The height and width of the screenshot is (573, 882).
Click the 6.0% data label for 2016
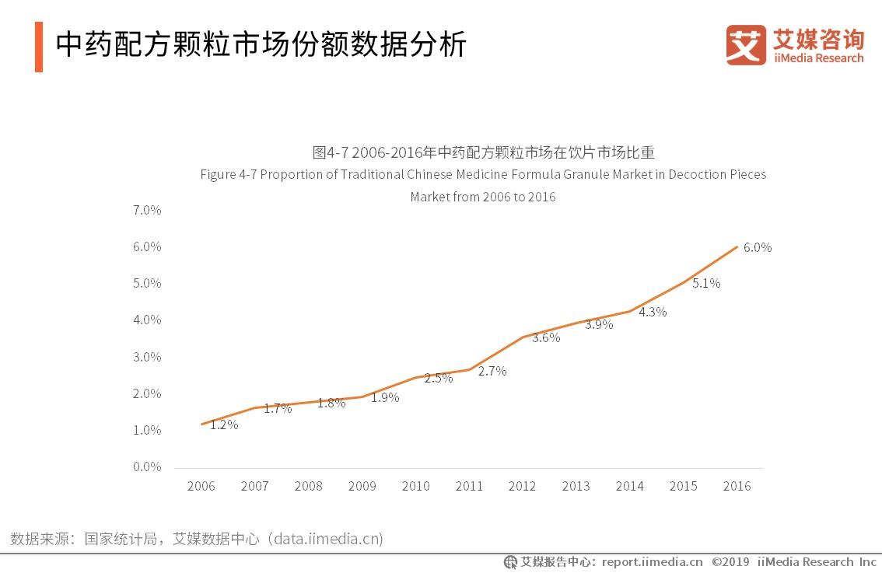point(757,248)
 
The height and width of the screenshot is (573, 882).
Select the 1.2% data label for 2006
point(223,425)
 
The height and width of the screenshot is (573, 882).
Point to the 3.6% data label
point(545,338)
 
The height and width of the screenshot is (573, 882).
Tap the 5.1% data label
point(705,284)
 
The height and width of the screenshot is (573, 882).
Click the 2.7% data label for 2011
point(492,372)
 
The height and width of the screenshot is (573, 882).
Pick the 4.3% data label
point(652,313)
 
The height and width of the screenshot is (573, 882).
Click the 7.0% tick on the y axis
point(146,210)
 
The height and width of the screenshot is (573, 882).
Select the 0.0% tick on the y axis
point(146,467)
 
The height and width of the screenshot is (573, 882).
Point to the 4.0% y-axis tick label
point(146,320)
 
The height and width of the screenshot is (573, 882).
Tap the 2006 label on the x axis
point(201,487)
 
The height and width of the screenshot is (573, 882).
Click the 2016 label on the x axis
point(737,487)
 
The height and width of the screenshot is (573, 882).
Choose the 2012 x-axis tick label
point(522,487)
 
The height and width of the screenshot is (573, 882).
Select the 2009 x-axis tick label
point(362,487)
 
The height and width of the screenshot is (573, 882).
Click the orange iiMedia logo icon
point(745,45)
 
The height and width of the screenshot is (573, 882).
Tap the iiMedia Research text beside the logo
point(818,58)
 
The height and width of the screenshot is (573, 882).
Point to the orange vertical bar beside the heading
point(39,47)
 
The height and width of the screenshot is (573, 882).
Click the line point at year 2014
point(630,311)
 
